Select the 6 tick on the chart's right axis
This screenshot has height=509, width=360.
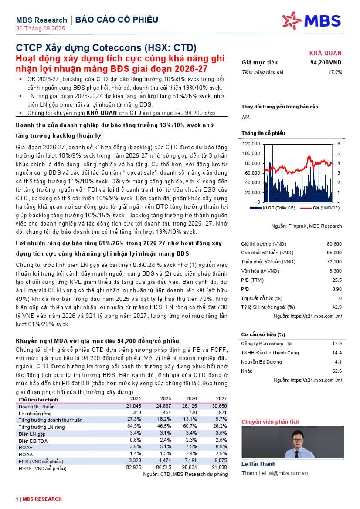(x=339, y=144)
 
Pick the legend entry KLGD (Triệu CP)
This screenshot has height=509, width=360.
(x=279, y=208)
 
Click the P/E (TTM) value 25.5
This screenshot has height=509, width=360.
(x=337, y=280)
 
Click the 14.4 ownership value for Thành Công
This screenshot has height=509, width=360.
(x=337, y=353)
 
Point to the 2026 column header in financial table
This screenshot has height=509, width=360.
(x=192, y=398)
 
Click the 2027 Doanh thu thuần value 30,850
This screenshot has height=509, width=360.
(x=218, y=406)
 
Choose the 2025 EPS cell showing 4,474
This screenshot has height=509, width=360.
(x=166, y=461)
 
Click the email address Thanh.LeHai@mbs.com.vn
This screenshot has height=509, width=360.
(x=275, y=473)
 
